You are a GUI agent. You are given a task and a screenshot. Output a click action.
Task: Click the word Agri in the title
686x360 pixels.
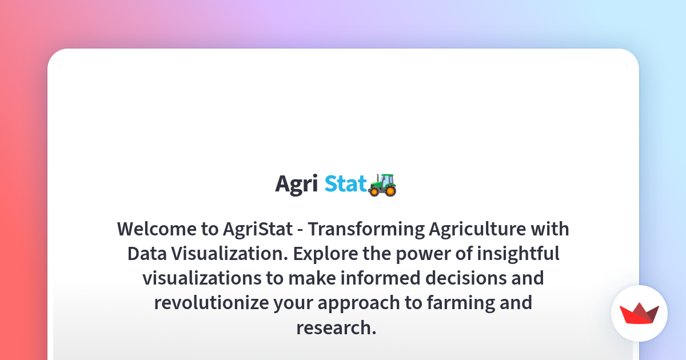[x=296, y=184]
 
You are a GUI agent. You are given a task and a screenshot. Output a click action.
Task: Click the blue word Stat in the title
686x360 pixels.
[x=346, y=183]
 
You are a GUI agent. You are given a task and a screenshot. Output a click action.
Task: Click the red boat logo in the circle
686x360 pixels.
[x=639, y=314]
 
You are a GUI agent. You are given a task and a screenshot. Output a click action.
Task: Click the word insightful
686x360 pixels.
[x=518, y=254]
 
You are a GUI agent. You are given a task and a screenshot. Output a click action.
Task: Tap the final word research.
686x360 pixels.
[x=336, y=327]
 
